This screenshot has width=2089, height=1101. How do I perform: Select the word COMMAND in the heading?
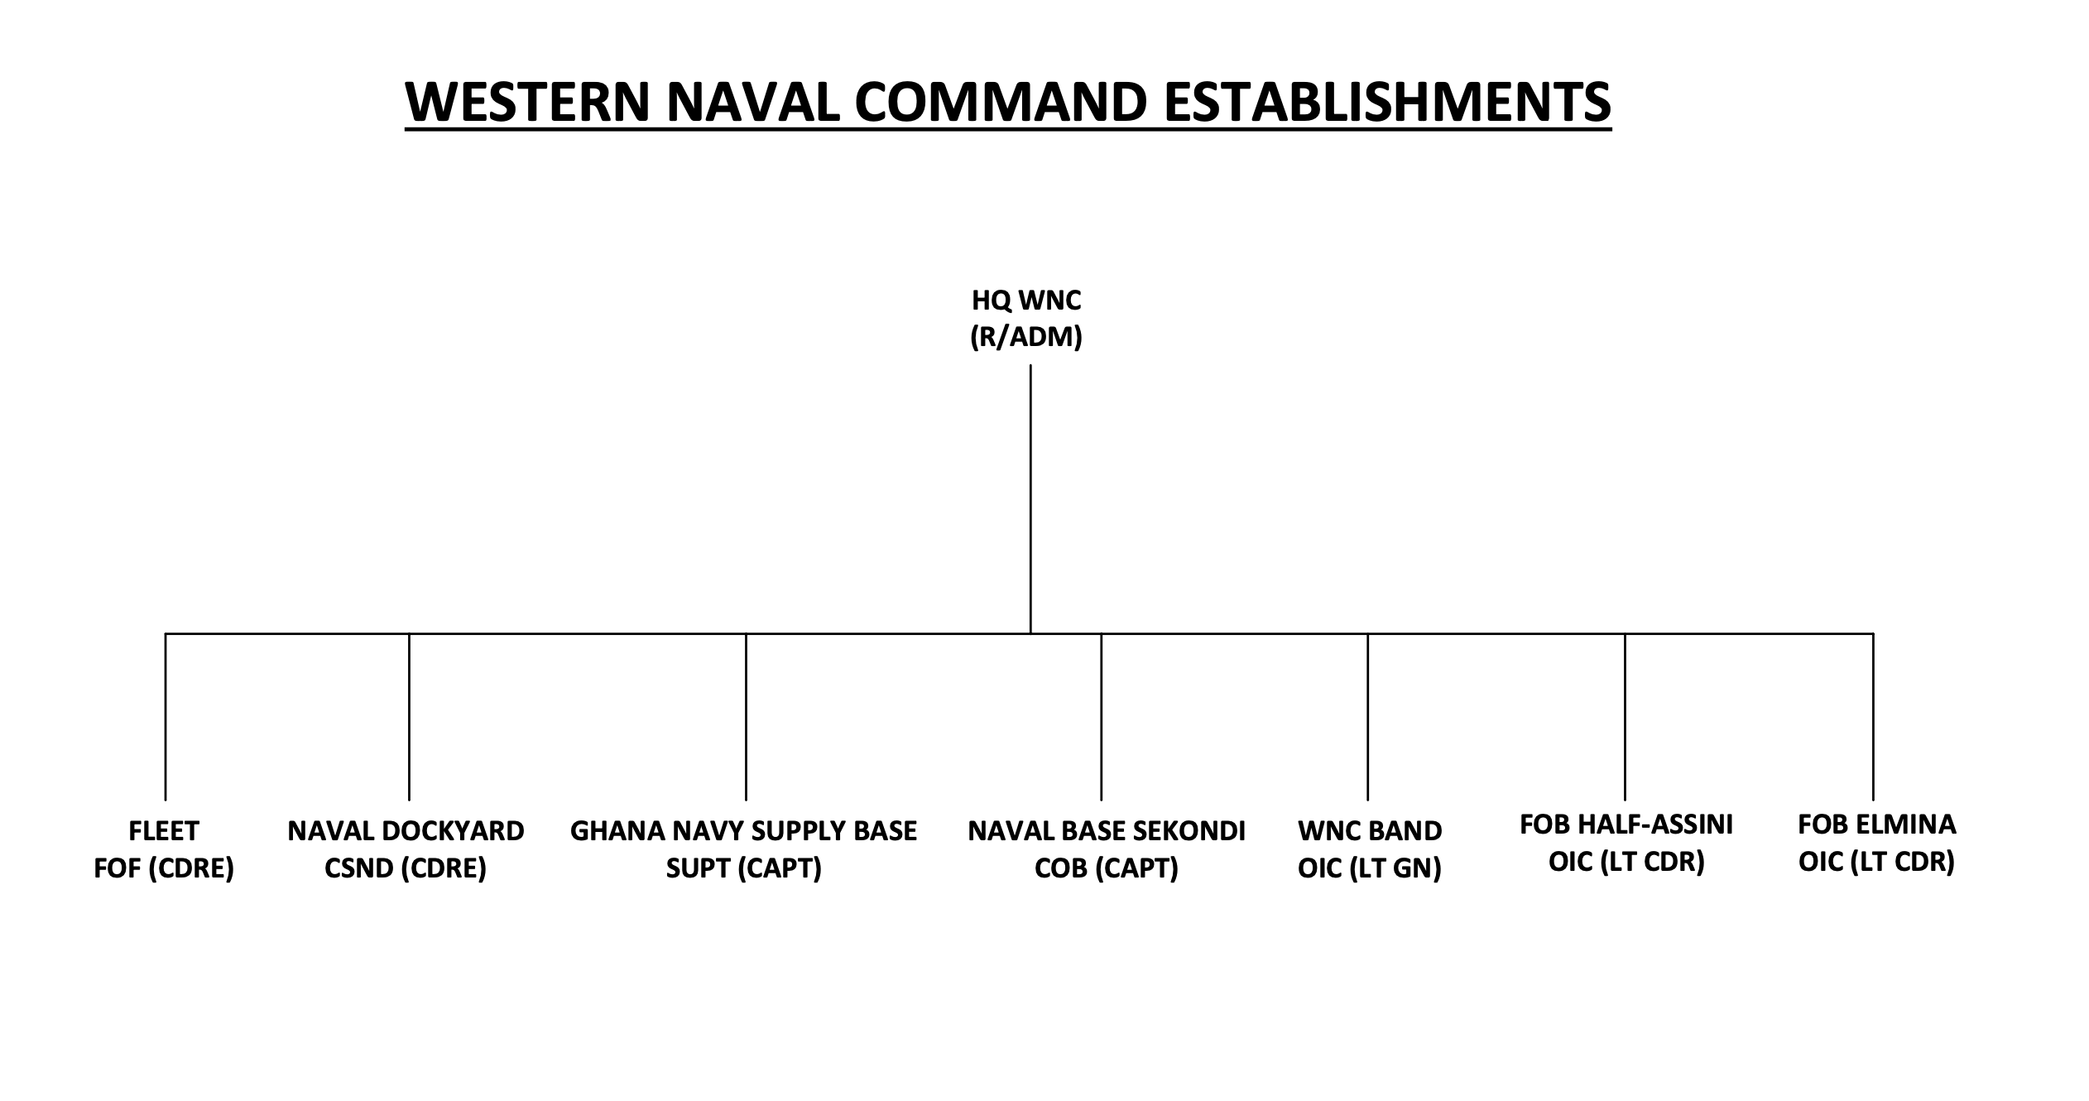[1001, 102]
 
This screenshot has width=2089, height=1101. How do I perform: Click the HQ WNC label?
[1026, 300]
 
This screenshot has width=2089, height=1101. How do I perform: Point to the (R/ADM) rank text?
[1026, 337]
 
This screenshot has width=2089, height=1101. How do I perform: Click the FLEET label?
[164, 830]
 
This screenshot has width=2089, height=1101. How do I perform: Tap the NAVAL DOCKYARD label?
[406, 830]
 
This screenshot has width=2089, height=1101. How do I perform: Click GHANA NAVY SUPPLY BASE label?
[743, 830]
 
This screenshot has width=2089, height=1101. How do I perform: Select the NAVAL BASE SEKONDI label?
[1107, 830]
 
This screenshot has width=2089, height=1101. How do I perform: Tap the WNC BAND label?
[1370, 830]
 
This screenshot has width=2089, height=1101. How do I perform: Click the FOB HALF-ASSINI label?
[1626, 825]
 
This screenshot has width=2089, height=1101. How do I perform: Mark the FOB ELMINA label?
[1877, 825]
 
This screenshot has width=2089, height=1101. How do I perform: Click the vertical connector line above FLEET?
[166, 717]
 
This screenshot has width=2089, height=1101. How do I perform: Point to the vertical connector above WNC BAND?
[1367, 717]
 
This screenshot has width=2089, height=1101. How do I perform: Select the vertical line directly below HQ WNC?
[1030, 499]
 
